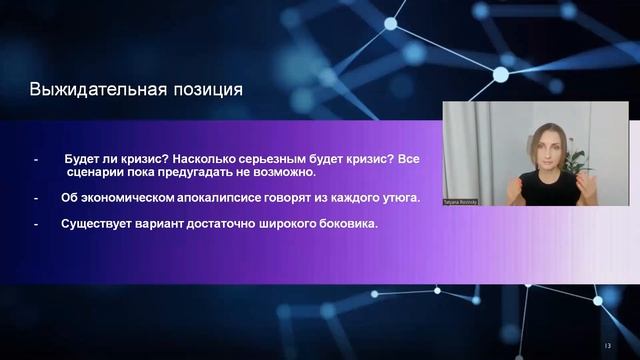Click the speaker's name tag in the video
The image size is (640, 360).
463,199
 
